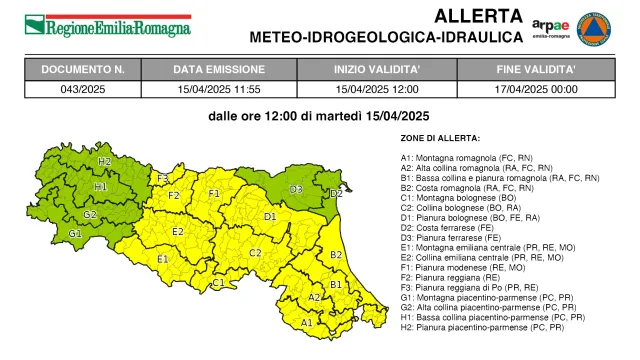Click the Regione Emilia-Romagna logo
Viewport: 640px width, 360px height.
pyautogui.click(x=107, y=24)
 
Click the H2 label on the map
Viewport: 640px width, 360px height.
pyautogui.click(x=105, y=161)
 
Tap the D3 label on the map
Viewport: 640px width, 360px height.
pyautogui.click(x=296, y=189)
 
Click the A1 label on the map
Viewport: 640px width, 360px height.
pyautogui.click(x=307, y=322)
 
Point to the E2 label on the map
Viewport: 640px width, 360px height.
pyautogui.click(x=177, y=232)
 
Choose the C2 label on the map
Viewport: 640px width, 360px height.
pyautogui.click(x=255, y=253)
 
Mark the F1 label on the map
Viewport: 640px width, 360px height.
pyautogui.click(x=213, y=194)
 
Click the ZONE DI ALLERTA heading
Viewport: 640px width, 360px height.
pyautogui.click(x=439, y=138)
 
